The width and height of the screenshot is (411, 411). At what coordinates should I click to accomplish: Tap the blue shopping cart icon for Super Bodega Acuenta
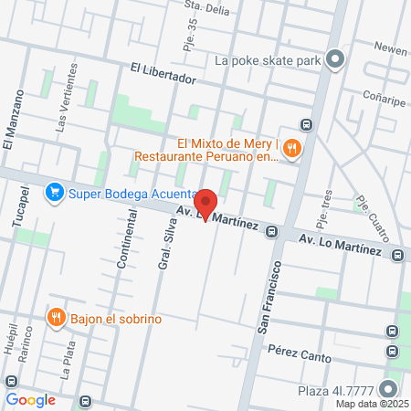[x=54, y=192]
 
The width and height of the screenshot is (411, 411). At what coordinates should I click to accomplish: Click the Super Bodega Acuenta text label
[x=128, y=193]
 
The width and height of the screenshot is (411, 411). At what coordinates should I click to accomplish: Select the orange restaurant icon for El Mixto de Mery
[x=291, y=148]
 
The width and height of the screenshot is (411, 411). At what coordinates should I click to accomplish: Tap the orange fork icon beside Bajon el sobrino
[x=56, y=318]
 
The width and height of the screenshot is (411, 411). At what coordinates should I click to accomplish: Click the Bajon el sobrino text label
[x=116, y=319]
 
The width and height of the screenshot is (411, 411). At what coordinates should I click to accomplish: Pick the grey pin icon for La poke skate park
[x=334, y=61]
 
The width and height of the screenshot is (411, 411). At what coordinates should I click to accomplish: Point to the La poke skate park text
[x=267, y=61]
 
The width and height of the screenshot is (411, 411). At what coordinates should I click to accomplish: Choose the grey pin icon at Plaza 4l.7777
[x=390, y=389]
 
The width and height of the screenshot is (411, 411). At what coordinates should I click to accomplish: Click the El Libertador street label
[x=163, y=73]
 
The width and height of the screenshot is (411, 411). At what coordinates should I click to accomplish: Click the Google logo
[x=30, y=399]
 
